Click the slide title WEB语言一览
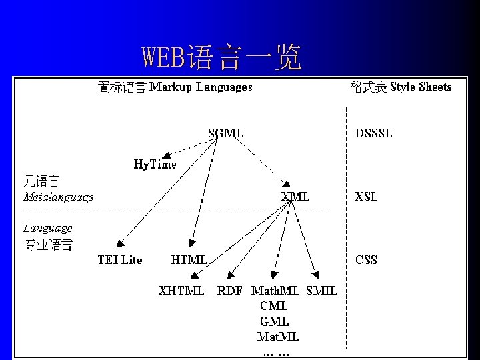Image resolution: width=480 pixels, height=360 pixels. pyautogui.click(x=221, y=58)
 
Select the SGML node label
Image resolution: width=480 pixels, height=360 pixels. pyautogui.click(x=225, y=133)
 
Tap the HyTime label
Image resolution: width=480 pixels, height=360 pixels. pyautogui.click(x=155, y=164)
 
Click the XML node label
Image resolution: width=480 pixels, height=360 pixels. pyautogui.click(x=295, y=197)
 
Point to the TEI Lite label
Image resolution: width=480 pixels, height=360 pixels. pyautogui.click(x=120, y=260)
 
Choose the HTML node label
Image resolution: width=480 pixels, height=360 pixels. pyautogui.click(x=189, y=260)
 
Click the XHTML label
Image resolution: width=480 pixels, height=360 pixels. pyautogui.click(x=181, y=291)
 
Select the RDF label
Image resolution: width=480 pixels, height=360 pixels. pyautogui.click(x=230, y=291)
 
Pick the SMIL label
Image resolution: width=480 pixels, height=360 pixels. pyautogui.click(x=321, y=291)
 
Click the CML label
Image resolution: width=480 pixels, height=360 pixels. pyautogui.click(x=274, y=306)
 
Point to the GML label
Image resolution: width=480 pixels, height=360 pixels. pyautogui.click(x=274, y=321)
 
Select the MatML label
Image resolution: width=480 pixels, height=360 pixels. pyautogui.click(x=278, y=336)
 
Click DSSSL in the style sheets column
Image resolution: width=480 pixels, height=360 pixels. pyautogui.click(x=373, y=133)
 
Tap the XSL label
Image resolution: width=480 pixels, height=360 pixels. pyautogui.click(x=366, y=197)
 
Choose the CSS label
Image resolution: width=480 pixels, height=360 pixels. pyautogui.click(x=366, y=260)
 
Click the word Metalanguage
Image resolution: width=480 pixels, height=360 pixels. pyautogui.click(x=59, y=197)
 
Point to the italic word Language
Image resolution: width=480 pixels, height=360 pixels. pyautogui.click(x=48, y=228)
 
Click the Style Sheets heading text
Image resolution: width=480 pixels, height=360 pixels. pyautogui.click(x=421, y=87)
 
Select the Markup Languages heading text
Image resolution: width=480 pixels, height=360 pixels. pyautogui.click(x=201, y=87)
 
